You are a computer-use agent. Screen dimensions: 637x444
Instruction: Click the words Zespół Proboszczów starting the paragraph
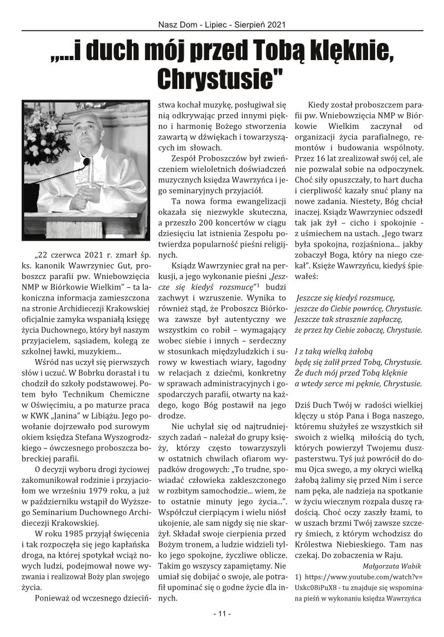(x=198, y=161)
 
